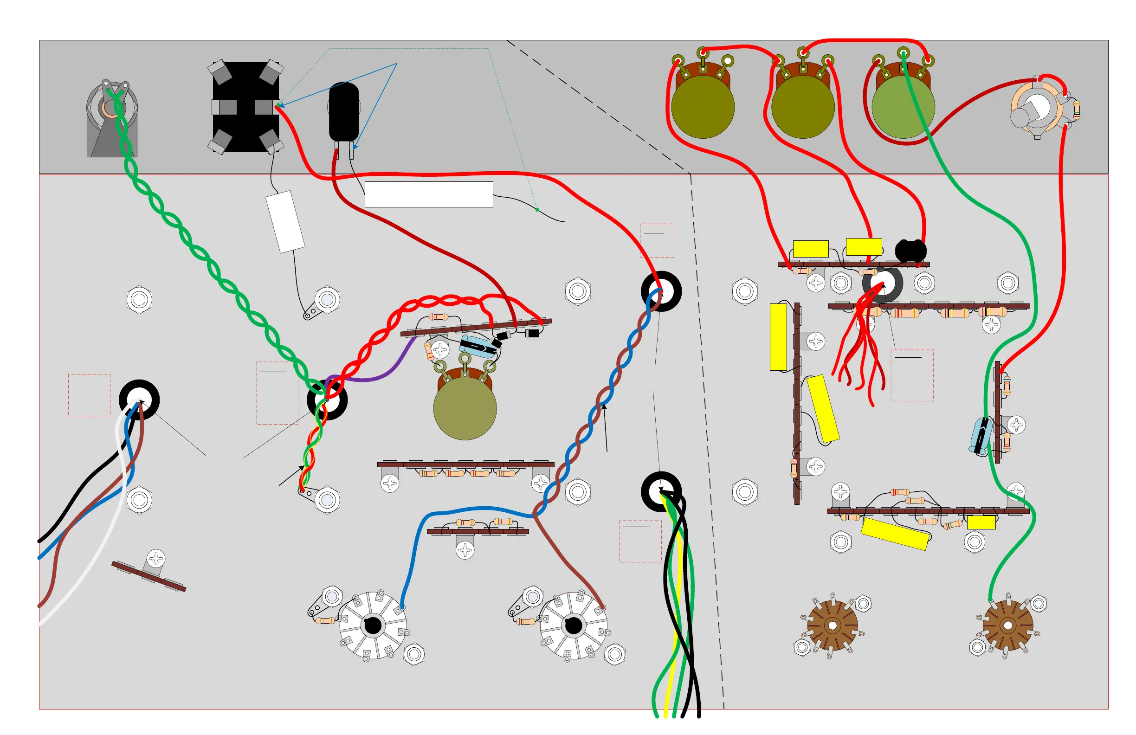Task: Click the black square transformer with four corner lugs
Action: (x=245, y=107)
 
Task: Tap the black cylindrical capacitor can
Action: (x=344, y=112)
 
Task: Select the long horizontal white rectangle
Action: (x=428, y=194)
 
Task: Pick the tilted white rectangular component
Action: (x=285, y=221)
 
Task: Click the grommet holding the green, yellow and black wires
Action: (x=661, y=491)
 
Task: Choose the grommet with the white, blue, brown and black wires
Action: (x=139, y=400)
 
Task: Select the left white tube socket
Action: (x=373, y=625)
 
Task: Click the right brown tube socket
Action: (x=1007, y=625)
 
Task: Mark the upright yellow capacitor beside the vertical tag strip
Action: (x=778, y=337)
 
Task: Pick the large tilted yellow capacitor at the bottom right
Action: (x=895, y=534)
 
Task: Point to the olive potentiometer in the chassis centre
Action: (x=465, y=408)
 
